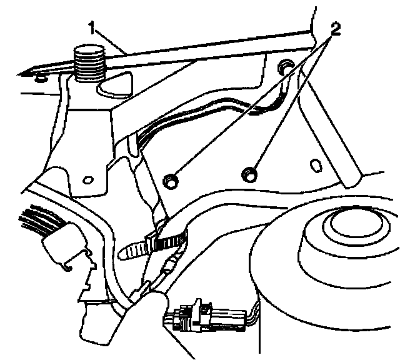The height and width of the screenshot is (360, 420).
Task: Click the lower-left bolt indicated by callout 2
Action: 169,181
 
